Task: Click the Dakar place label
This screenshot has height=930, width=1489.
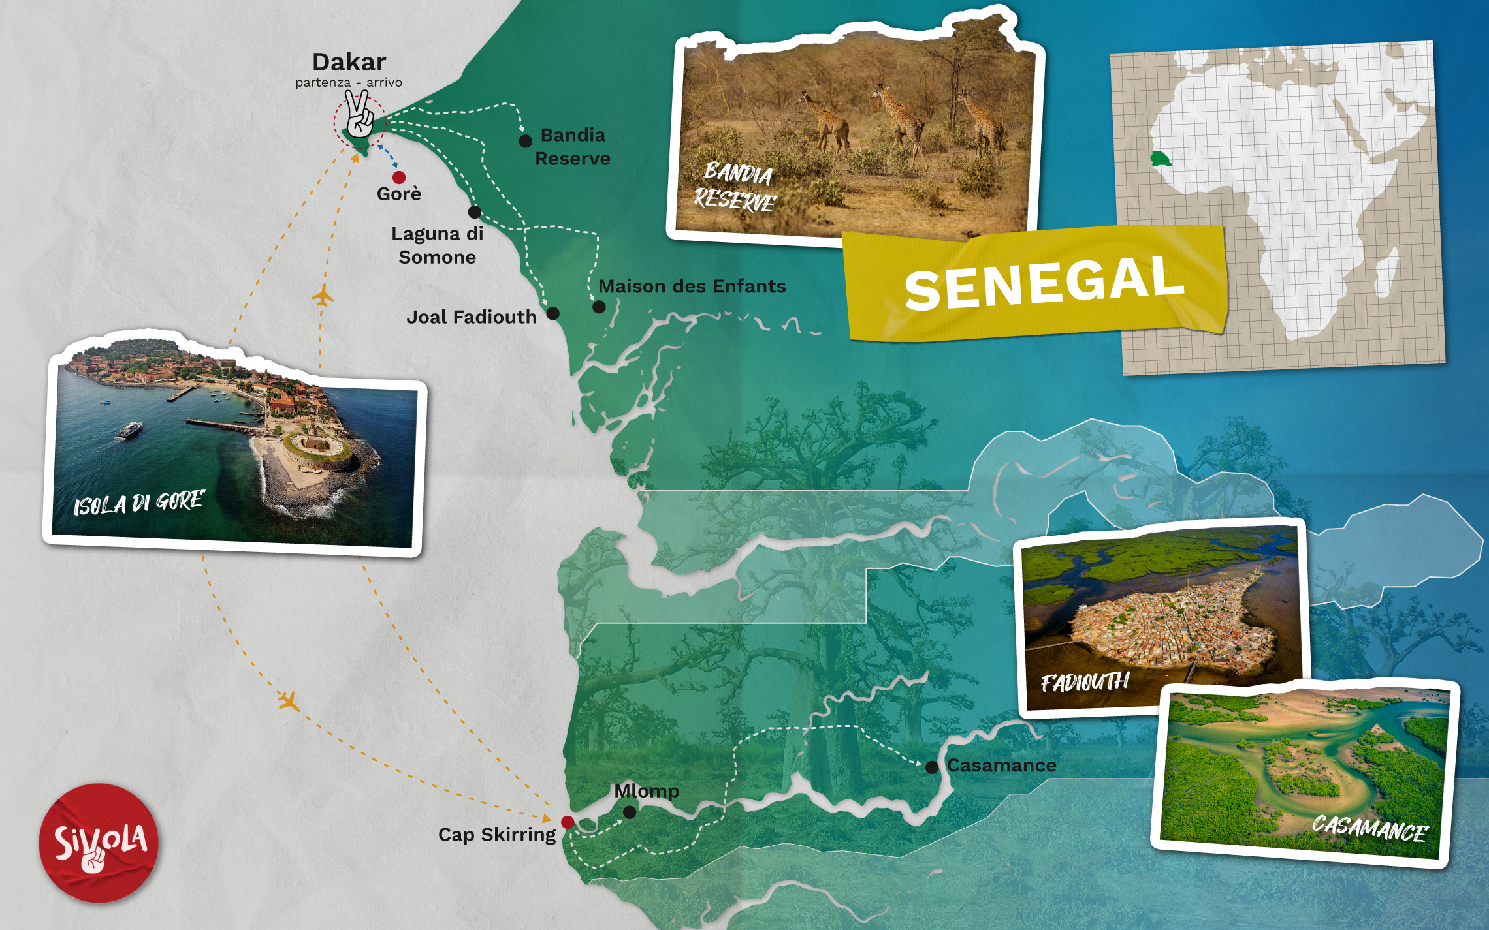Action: (x=349, y=62)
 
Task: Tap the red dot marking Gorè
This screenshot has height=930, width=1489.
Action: (x=399, y=177)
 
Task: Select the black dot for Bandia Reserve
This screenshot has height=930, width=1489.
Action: (x=525, y=141)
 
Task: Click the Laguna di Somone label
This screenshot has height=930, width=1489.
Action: (x=437, y=245)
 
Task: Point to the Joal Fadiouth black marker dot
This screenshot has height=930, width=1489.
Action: (x=552, y=313)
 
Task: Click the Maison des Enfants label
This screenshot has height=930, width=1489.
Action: (x=692, y=286)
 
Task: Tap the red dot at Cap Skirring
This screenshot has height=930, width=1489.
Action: (x=568, y=822)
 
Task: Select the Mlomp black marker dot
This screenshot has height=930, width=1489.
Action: (x=630, y=812)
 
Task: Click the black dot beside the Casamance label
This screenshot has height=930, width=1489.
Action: (x=932, y=767)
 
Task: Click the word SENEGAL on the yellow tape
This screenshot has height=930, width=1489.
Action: (x=1043, y=283)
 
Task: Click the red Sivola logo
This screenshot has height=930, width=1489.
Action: (x=99, y=843)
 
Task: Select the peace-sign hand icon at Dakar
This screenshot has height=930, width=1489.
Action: (x=359, y=115)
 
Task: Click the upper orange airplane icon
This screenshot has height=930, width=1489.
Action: (x=322, y=296)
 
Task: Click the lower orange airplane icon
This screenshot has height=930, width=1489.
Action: (x=289, y=702)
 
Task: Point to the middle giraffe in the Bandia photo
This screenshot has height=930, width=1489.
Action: (x=898, y=117)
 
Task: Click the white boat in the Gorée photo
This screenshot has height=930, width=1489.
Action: (x=131, y=429)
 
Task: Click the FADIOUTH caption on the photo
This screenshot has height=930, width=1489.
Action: (x=1084, y=682)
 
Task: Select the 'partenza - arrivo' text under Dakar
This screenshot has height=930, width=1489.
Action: (x=349, y=83)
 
